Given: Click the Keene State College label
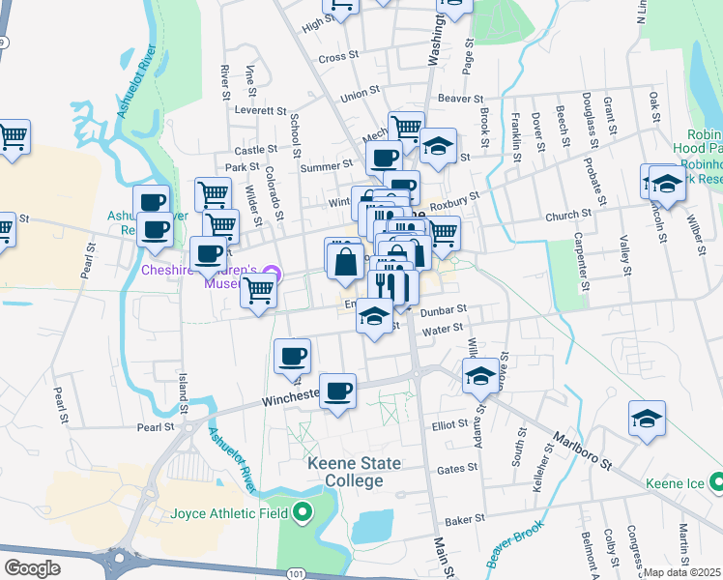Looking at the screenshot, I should coord(354,472).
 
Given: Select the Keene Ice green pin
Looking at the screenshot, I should coord(714,481).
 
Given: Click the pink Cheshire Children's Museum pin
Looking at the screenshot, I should coord(273,272).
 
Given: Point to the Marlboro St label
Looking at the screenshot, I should coord(583,450).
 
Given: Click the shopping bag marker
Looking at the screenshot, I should coord(345,262).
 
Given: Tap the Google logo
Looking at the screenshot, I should coord(32,567).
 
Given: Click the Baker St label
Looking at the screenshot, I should coord(465,520).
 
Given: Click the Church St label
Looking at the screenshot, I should coord(567,215).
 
